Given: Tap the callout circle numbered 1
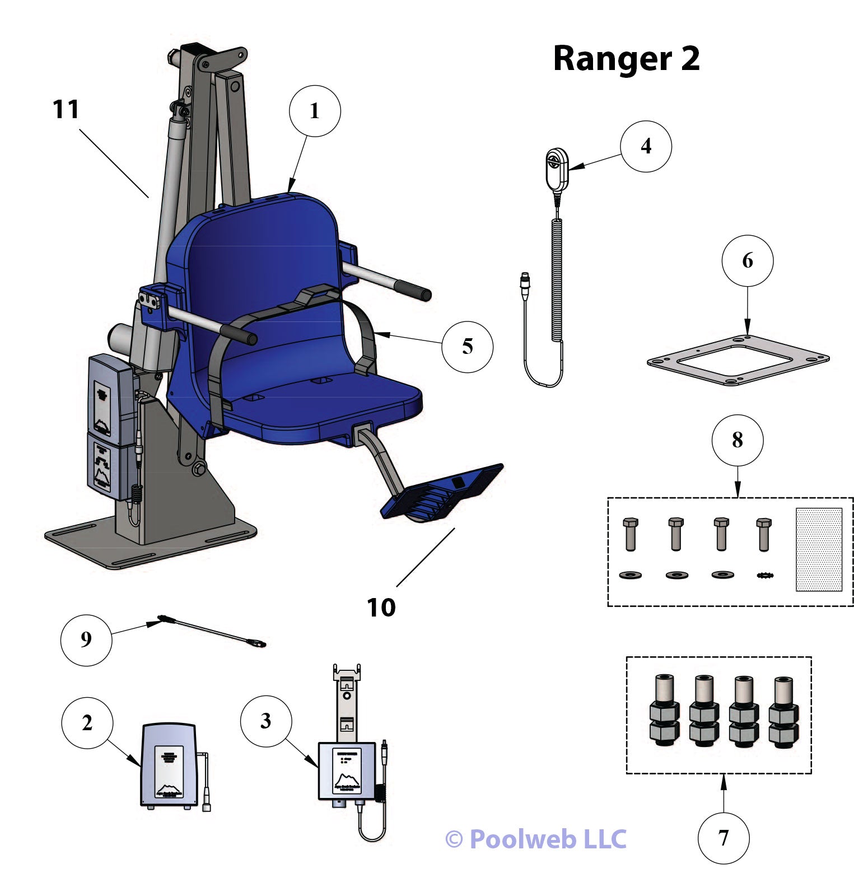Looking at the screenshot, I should [x=315, y=111].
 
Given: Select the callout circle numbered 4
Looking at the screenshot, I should [x=646, y=146].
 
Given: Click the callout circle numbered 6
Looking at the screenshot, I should [x=747, y=261].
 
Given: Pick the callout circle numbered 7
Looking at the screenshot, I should [x=723, y=838].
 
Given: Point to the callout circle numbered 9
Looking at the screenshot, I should [x=86, y=639].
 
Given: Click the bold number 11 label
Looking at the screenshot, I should [x=66, y=109].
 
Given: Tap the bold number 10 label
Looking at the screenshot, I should [x=381, y=607].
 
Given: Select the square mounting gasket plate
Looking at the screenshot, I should [x=738, y=360].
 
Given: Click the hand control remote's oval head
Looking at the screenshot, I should [x=557, y=169].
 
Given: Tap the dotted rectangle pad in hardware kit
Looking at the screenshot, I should [x=818, y=549].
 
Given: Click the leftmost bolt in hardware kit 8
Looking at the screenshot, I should [x=630, y=534].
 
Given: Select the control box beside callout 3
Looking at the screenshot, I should [x=347, y=771].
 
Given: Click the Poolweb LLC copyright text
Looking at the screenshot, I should [x=535, y=839].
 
